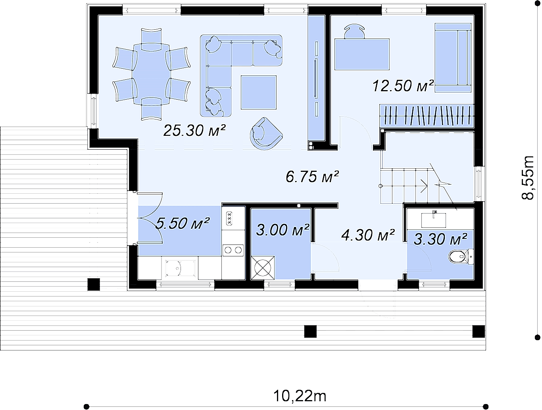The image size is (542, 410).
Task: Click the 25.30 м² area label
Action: [194, 131]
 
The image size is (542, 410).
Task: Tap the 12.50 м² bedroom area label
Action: [403, 86]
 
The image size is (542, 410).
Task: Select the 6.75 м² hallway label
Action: [312, 176]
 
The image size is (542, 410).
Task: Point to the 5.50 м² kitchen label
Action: [183, 223]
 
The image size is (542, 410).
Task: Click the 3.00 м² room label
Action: [283, 229]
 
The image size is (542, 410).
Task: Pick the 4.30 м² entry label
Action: [368, 235]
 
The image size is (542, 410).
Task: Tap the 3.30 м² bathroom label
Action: [440, 239]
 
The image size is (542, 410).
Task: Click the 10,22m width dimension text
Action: [300, 396]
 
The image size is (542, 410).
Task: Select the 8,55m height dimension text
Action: [528, 177]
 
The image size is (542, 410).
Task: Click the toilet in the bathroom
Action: [461, 257]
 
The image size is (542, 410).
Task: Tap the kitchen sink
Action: [180, 268]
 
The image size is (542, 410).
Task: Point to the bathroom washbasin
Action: [434, 220]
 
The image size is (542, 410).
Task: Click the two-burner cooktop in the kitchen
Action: [233, 250]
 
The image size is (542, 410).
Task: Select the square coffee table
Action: [259, 92]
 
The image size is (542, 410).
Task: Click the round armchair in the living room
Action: [265, 134]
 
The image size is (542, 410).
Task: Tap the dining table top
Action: [151, 74]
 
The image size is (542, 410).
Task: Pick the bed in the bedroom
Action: [453, 58]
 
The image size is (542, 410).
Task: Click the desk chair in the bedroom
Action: [354, 31]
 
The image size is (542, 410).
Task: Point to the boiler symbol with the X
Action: [263, 268]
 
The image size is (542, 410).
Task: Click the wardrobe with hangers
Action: [427, 115]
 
